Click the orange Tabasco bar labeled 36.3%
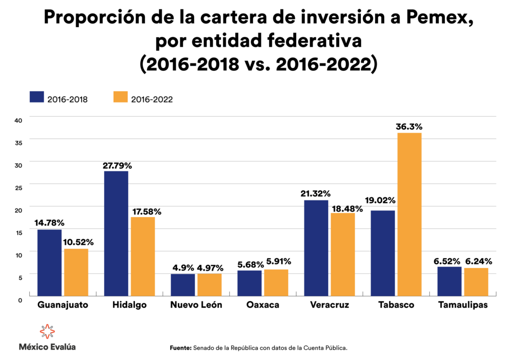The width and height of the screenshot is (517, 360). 409,214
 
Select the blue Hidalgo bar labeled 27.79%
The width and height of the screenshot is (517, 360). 116,233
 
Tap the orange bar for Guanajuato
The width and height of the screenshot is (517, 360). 76,272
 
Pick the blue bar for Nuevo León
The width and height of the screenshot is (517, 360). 183,285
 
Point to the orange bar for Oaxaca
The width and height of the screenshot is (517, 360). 276,283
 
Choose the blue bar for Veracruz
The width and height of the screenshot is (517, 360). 316,248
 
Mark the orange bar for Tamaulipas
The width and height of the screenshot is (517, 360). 476,282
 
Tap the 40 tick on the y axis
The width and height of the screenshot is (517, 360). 18,120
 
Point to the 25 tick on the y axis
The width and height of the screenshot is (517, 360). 18,187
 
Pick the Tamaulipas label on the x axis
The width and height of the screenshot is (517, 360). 463,305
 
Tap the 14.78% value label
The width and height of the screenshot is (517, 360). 49,223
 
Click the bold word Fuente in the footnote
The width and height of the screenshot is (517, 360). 179,348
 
